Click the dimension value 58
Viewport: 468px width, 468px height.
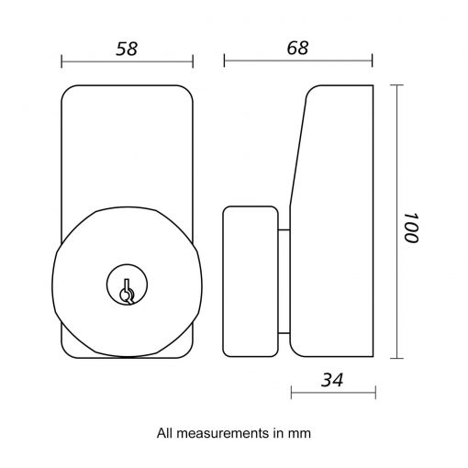(x=127, y=49)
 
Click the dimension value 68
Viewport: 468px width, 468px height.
(x=297, y=49)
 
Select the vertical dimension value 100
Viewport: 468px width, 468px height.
(x=409, y=222)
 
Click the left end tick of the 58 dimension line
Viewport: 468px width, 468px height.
(x=61, y=61)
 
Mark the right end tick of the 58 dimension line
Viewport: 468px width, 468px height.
(x=194, y=61)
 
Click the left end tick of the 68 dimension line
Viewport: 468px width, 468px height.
(x=224, y=61)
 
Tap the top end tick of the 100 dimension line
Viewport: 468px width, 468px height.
(x=396, y=84)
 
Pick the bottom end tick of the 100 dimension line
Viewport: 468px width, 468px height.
(x=396, y=359)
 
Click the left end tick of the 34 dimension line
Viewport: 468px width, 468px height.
(x=290, y=392)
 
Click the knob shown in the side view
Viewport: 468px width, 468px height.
(x=250, y=281)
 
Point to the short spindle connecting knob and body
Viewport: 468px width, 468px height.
(x=284, y=281)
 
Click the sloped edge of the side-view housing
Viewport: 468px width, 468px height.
(x=298, y=147)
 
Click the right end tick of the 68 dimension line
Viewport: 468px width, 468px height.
(x=373, y=61)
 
